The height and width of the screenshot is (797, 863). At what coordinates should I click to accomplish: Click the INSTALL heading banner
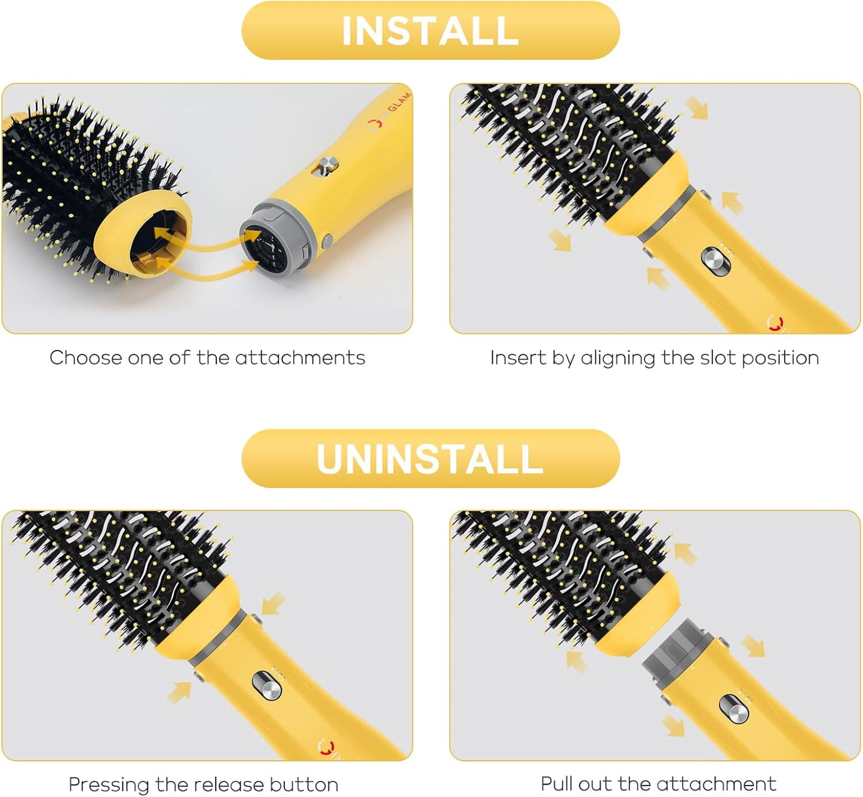coord(430,30)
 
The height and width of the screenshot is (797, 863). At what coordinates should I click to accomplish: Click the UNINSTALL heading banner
coord(430,458)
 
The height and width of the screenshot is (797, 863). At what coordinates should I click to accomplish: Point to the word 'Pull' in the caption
coord(557,784)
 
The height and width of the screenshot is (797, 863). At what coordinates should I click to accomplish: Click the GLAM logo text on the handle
coord(398,102)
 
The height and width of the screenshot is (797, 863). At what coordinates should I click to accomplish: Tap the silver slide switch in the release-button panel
coord(266,685)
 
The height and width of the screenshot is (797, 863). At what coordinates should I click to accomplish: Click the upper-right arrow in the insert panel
coord(696,108)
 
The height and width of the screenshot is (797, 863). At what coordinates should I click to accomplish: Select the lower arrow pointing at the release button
coord(180,691)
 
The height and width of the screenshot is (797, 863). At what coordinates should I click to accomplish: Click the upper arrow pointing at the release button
coord(272,603)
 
